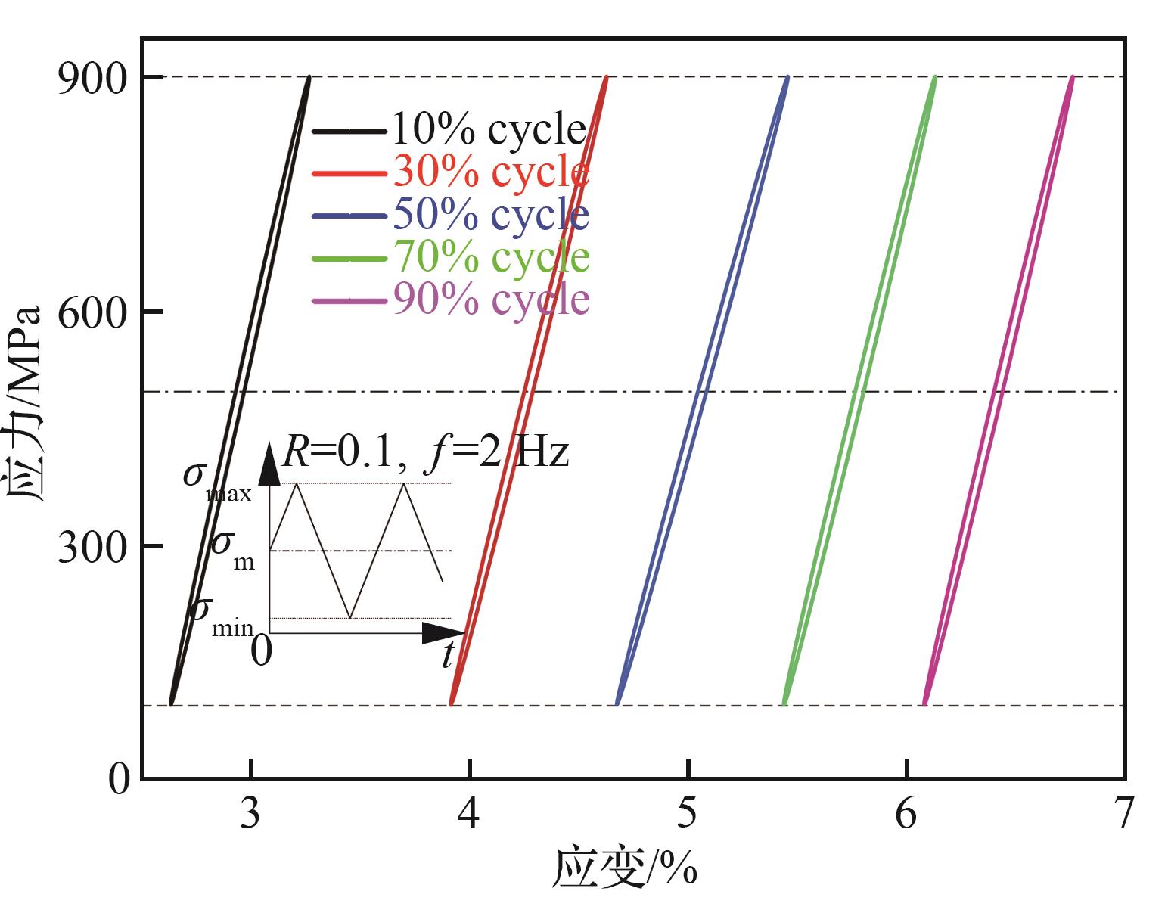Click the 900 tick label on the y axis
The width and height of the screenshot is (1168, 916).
[92, 79]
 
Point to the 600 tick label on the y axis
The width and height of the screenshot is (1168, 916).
[92, 312]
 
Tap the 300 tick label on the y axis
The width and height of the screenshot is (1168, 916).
[92, 547]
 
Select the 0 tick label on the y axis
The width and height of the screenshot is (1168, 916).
[119, 779]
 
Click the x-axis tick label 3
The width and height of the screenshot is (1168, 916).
[251, 814]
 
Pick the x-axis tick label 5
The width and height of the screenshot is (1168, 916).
[688, 814]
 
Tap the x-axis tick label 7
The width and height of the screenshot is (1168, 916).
[1123, 814]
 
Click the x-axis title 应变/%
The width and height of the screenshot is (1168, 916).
[625, 868]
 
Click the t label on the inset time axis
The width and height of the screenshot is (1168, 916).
[449, 655]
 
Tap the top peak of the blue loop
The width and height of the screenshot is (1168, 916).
[788, 77]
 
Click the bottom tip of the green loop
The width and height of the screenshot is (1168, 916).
[784, 704]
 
